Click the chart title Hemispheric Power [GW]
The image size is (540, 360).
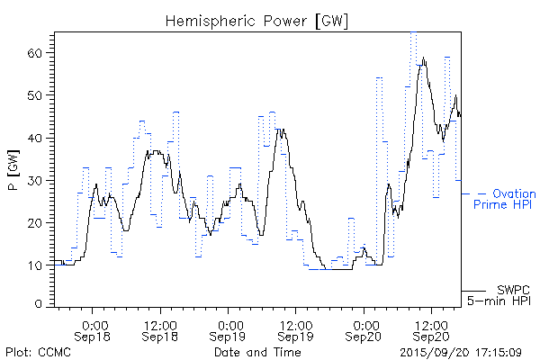point(256,19)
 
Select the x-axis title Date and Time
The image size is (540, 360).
point(256,352)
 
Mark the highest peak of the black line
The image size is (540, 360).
point(423,59)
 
